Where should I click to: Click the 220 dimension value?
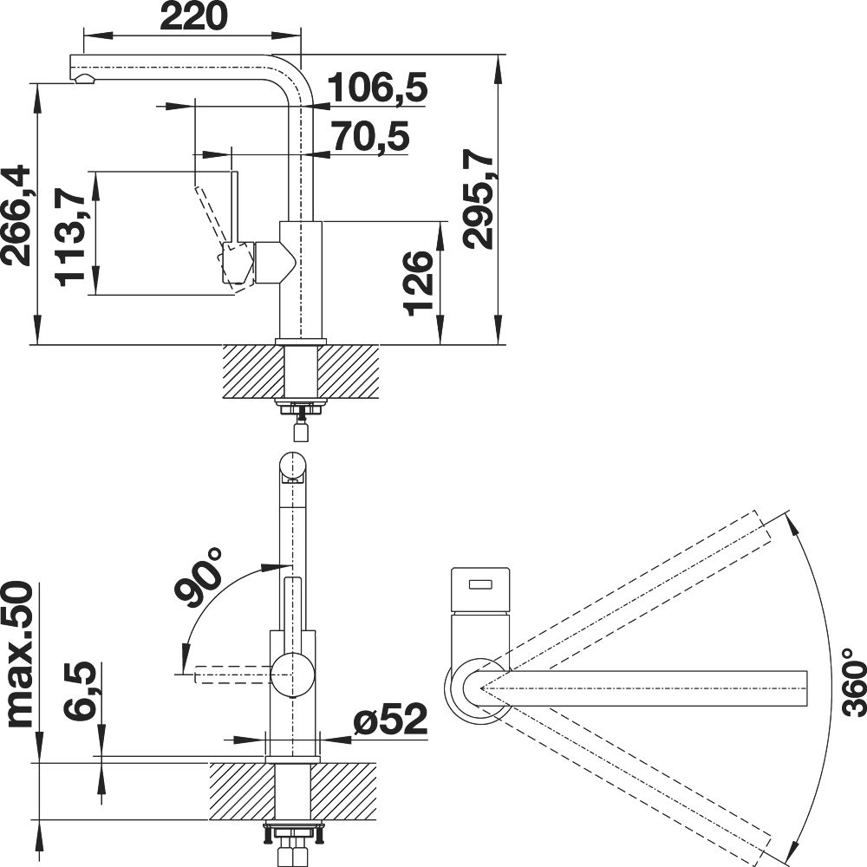click(193, 16)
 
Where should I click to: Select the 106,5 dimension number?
click(378, 88)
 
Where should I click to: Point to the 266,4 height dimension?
click(16, 215)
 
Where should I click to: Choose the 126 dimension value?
click(418, 284)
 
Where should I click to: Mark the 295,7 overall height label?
click(479, 201)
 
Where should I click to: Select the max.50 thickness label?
click(21, 653)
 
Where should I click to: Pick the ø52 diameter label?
click(391, 720)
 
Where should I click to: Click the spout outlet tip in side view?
click(84, 78)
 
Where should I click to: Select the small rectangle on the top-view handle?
click(480, 583)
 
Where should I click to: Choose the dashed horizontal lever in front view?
click(232, 675)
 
